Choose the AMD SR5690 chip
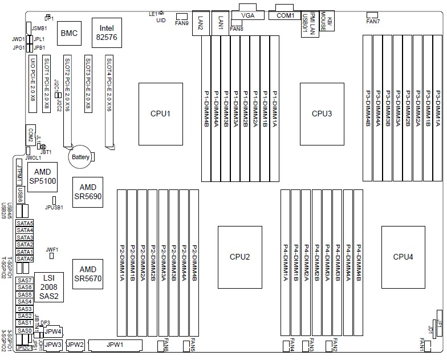[88, 192]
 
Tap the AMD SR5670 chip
[88, 273]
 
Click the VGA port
[248, 16]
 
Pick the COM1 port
[285, 15]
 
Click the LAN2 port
[201, 23]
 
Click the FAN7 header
[373, 14]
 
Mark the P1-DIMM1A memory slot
[274, 101]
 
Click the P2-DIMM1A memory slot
[122, 263]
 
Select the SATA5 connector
[25, 223]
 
